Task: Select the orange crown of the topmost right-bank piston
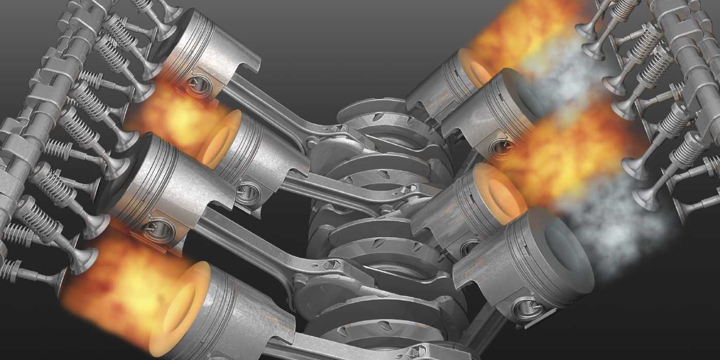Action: click(x=473, y=67)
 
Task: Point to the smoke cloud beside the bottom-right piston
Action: click(x=617, y=231)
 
